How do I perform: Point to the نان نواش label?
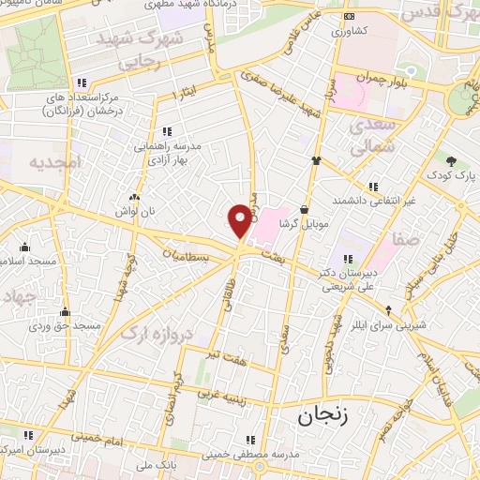click(134, 213)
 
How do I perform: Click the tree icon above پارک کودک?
click(451, 160)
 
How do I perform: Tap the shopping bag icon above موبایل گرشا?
click(305, 210)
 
